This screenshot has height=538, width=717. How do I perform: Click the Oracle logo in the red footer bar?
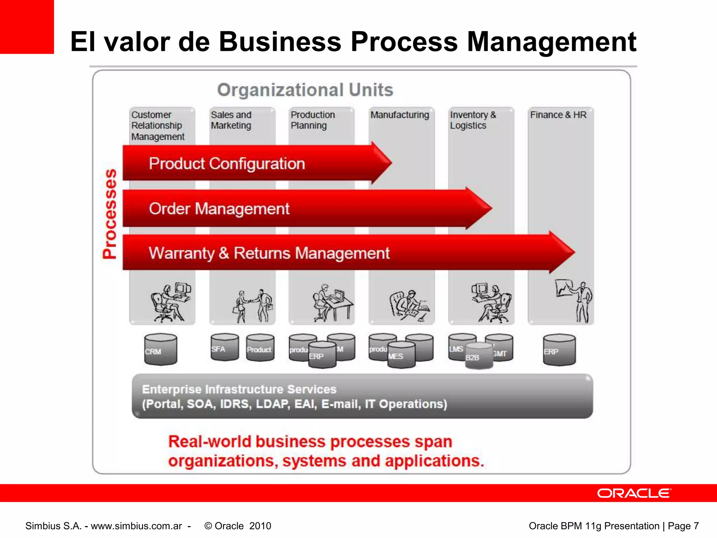click(634, 493)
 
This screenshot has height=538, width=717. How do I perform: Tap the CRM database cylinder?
click(160, 350)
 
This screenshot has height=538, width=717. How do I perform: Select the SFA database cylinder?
click(224, 347)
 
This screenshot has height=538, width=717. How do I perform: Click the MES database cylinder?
click(401, 355)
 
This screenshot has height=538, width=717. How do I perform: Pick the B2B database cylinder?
click(479, 357)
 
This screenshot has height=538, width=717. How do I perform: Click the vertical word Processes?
click(110, 214)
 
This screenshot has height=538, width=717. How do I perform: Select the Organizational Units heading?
click(305, 90)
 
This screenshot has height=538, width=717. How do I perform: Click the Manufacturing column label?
click(399, 115)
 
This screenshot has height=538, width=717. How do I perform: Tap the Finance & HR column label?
click(558, 115)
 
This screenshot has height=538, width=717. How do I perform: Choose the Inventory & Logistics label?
click(473, 120)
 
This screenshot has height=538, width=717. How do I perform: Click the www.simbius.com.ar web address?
click(136, 526)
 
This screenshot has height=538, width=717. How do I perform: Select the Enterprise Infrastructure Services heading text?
click(239, 389)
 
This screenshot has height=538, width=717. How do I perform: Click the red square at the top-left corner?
click(27, 27)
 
